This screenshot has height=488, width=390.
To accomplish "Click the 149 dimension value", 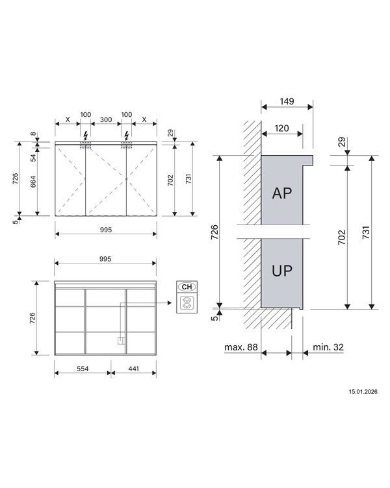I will tap(287, 101).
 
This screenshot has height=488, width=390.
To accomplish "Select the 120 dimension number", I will tap(281, 128).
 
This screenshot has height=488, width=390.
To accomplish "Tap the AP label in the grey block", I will tap(282, 193).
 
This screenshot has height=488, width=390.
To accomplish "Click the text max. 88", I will tap(241, 348).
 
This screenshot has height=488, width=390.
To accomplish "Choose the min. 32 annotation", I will tap(328, 348).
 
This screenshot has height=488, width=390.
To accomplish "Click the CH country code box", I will tap(187, 287).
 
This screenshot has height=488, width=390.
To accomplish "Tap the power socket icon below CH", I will tap(187, 303).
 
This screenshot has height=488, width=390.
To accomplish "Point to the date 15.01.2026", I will tap(363, 392).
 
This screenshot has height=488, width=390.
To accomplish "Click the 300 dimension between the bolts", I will tap(105, 121).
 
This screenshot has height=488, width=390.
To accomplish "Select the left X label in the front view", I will tap(67, 121).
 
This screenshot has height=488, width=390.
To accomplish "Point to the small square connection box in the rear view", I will tap(120, 339).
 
